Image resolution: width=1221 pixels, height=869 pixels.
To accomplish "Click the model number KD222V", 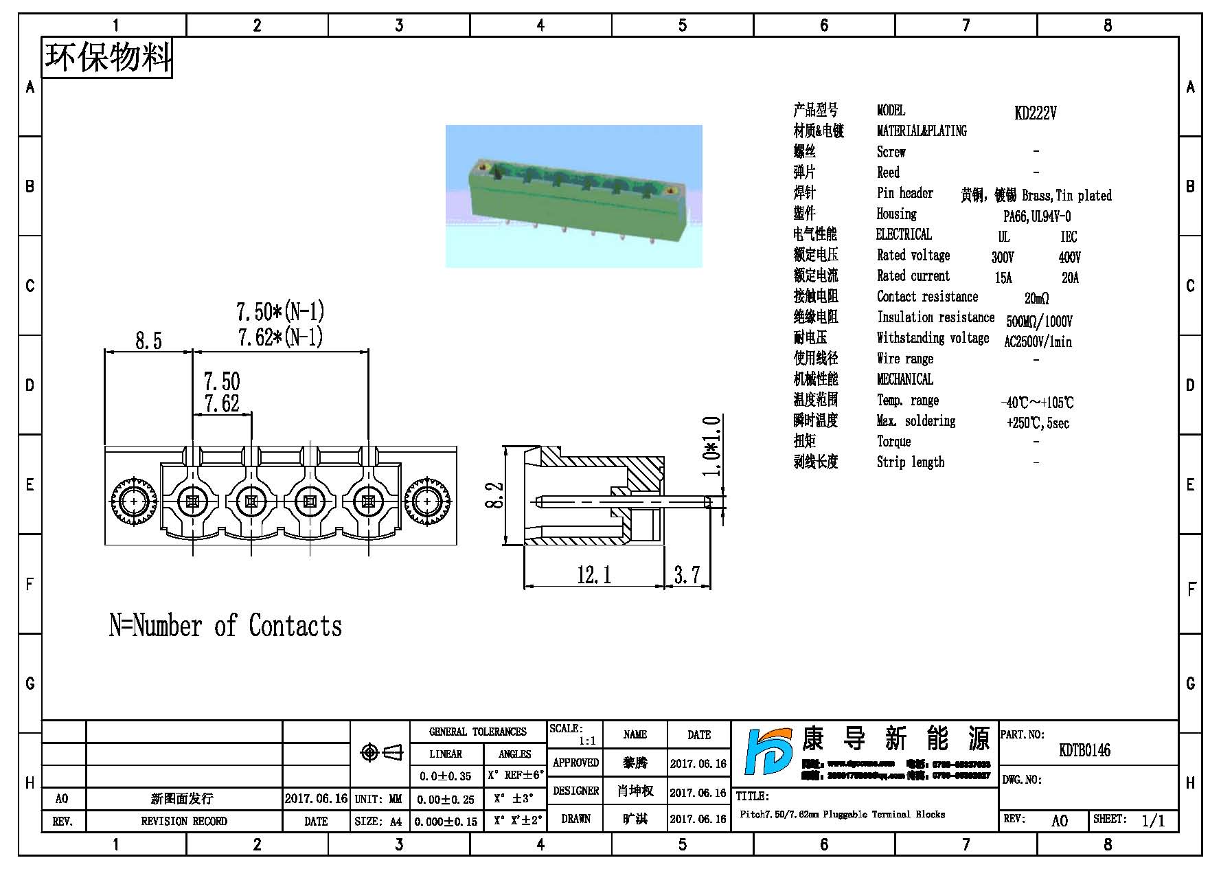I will pos(1035,113).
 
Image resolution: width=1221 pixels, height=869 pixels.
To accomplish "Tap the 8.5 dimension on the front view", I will pos(148,341).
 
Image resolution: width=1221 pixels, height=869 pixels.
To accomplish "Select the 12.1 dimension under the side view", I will pos(594,574).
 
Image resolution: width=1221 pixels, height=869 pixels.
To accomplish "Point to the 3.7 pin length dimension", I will pos(687,574).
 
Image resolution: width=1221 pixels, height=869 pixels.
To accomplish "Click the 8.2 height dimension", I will pos(495,495).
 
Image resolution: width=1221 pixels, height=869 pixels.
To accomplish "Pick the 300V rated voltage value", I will pos(1002,258).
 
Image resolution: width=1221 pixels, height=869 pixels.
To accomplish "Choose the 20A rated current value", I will pos(1070,278).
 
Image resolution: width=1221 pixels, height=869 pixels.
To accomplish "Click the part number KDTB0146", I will pos(1084,750).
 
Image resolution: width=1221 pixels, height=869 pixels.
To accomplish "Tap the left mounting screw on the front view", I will pos(133,501).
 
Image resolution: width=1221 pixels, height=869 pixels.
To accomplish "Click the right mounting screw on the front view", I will pos(428,501).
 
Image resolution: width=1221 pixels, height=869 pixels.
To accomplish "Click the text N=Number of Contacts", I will pos(225,626).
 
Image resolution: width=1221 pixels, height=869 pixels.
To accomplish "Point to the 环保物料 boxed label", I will pos(107,57).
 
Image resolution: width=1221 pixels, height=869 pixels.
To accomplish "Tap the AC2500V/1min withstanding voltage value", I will pos(1037,341).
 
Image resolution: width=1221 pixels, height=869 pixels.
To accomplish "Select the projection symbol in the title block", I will pos(380,753).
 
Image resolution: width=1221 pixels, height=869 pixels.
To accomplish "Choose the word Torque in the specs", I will pos(893,442).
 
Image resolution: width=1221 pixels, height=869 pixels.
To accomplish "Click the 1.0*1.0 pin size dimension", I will pos(712,447).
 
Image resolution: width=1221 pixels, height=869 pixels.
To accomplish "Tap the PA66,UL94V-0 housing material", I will pos(1036,216).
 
